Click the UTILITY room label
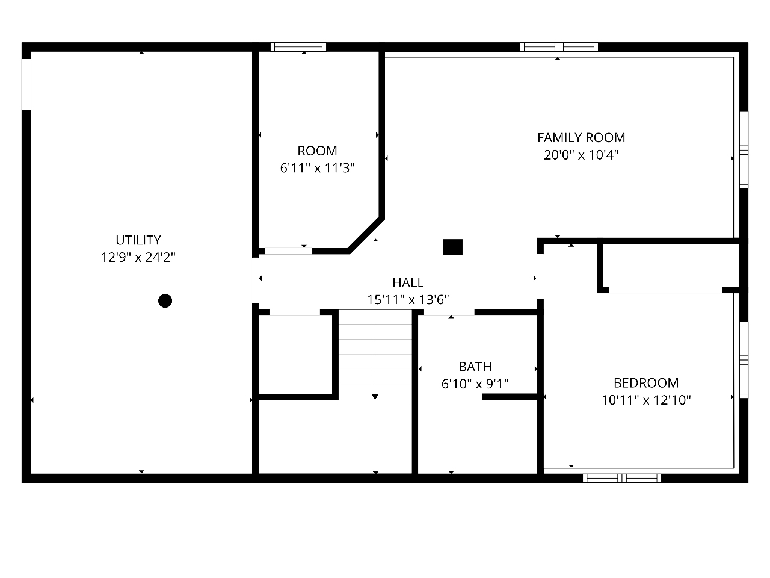tap(138, 240)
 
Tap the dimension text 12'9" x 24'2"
tap(138, 258)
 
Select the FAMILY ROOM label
tap(581, 137)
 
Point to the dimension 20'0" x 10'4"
tap(581, 155)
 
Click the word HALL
tap(408, 282)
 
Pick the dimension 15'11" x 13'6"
tap(408, 300)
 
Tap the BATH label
tap(475, 367)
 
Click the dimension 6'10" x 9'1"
tap(475, 384)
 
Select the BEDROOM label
tap(646, 383)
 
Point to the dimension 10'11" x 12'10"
tap(646, 400)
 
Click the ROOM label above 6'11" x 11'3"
tap(317, 151)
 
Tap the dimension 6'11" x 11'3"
tap(317, 168)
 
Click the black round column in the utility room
tap(165, 301)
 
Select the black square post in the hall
tap(453, 247)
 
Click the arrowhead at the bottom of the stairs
tap(375, 397)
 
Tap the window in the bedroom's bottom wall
tap(622, 478)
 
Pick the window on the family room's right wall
tap(744, 150)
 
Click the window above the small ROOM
tap(298, 47)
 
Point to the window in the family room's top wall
tap(559, 47)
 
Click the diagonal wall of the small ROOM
tap(366, 235)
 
